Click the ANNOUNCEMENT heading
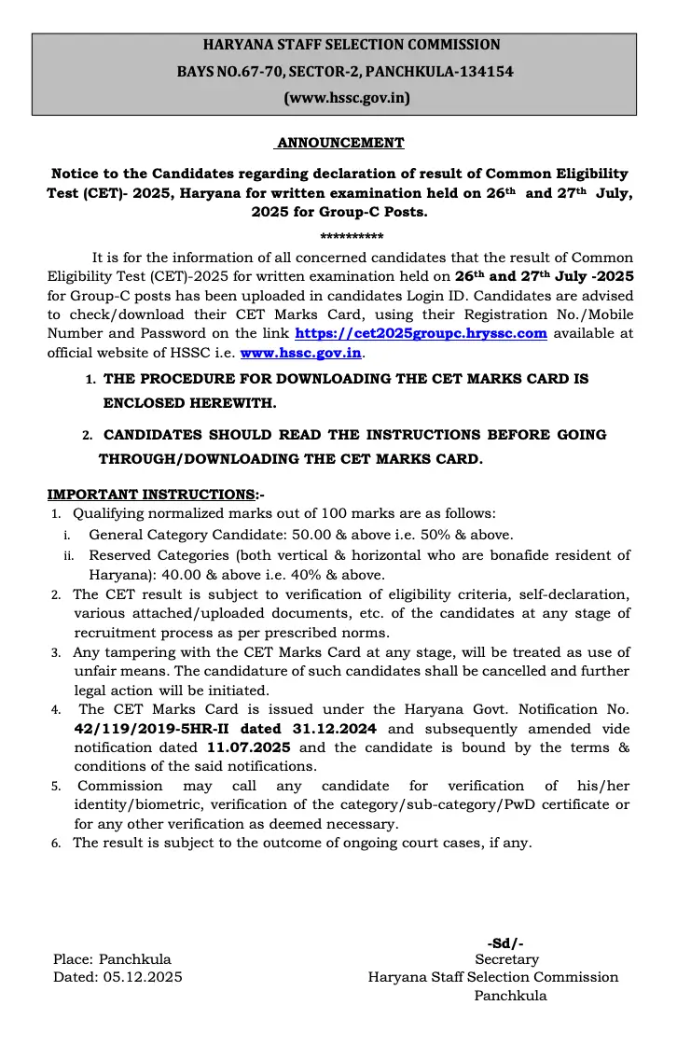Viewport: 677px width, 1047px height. (339, 143)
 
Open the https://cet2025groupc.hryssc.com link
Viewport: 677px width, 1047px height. (421, 333)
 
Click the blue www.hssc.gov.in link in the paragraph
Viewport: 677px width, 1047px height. (301, 354)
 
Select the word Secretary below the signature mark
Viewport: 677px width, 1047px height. (506, 959)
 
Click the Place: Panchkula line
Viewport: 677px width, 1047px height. (112, 959)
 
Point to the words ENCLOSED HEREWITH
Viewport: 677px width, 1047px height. (189, 403)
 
